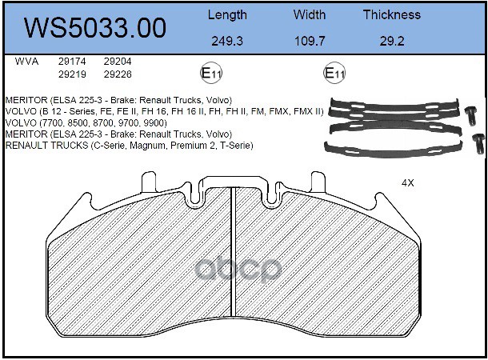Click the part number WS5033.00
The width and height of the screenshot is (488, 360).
pos(95,28)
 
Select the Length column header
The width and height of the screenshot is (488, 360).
pos(227,15)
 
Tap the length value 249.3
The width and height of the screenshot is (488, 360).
pos(227,41)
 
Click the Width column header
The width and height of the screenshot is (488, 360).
pos(310,14)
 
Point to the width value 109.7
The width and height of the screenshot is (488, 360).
pos(310,41)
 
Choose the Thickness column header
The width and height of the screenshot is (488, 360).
pos(392,14)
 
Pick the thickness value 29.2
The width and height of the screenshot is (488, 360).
pos(392,41)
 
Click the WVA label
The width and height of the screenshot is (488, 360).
pos(26,62)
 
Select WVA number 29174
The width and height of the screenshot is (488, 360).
pos(72,62)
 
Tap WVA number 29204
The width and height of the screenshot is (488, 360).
pos(118,62)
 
